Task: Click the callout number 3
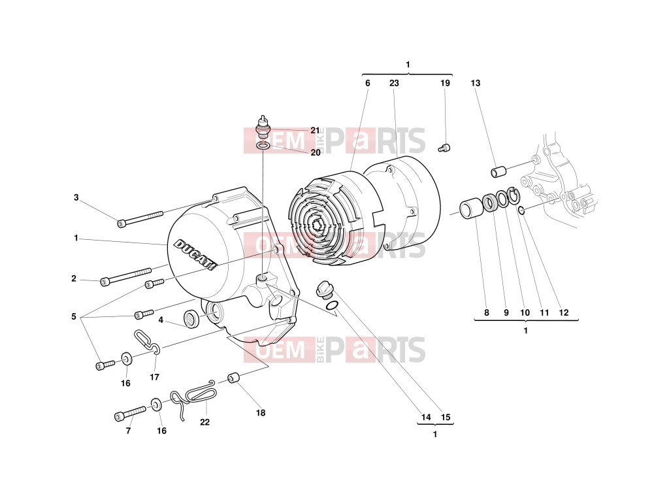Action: point(76,197)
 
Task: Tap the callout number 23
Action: point(394,83)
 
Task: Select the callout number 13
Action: point(476,83)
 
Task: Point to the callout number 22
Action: point(204,422)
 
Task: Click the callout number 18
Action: point(260,413)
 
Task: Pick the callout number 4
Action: point(161,320)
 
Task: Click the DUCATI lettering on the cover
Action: point(196,254)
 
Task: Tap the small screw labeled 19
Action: point(444,148)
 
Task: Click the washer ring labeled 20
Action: point(263,146)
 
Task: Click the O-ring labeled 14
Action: point(332,306)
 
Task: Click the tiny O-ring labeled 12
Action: point(521,210)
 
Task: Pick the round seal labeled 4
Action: point(191,319)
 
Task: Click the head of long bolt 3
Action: point(122,224)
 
